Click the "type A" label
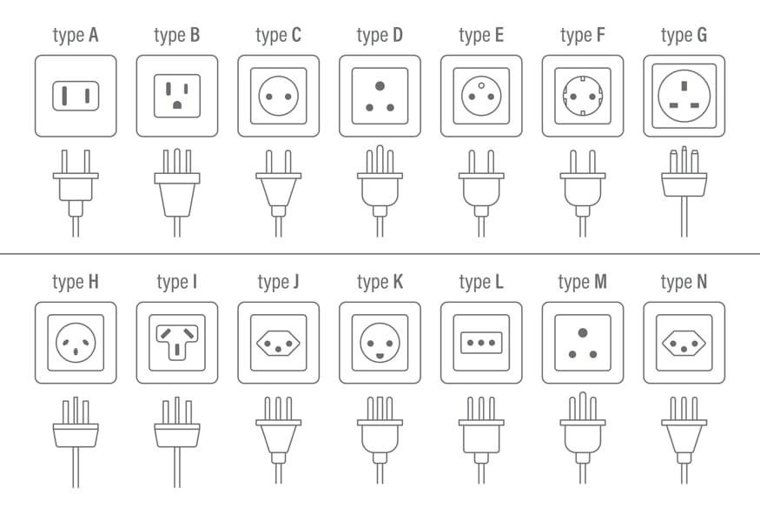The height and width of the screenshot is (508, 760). click(76, 36)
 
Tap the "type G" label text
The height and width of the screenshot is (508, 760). click(684, 36)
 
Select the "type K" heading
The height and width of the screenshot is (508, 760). click(380, 283)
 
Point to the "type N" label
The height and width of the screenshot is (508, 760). click(684, 283)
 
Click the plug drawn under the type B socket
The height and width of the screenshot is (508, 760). click(177, 192)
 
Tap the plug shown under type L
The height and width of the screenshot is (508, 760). click(481, 440)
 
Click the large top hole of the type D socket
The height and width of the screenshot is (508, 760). click(380, 86)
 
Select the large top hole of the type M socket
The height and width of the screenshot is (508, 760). click(583, 333)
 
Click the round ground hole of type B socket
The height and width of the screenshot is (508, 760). click(177, 104)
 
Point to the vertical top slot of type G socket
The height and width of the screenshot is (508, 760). click(684, 86)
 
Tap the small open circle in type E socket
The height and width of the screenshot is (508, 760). click(481, 86)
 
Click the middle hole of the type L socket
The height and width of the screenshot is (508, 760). click(481, 343)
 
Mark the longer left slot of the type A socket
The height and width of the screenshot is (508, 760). click(64, 96)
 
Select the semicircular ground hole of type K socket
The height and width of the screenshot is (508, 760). click(380, 357)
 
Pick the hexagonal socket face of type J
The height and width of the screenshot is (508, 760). click(278, 343)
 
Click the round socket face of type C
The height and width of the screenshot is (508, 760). click(278, 96)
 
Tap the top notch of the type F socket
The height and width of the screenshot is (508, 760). click(583, 78)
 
